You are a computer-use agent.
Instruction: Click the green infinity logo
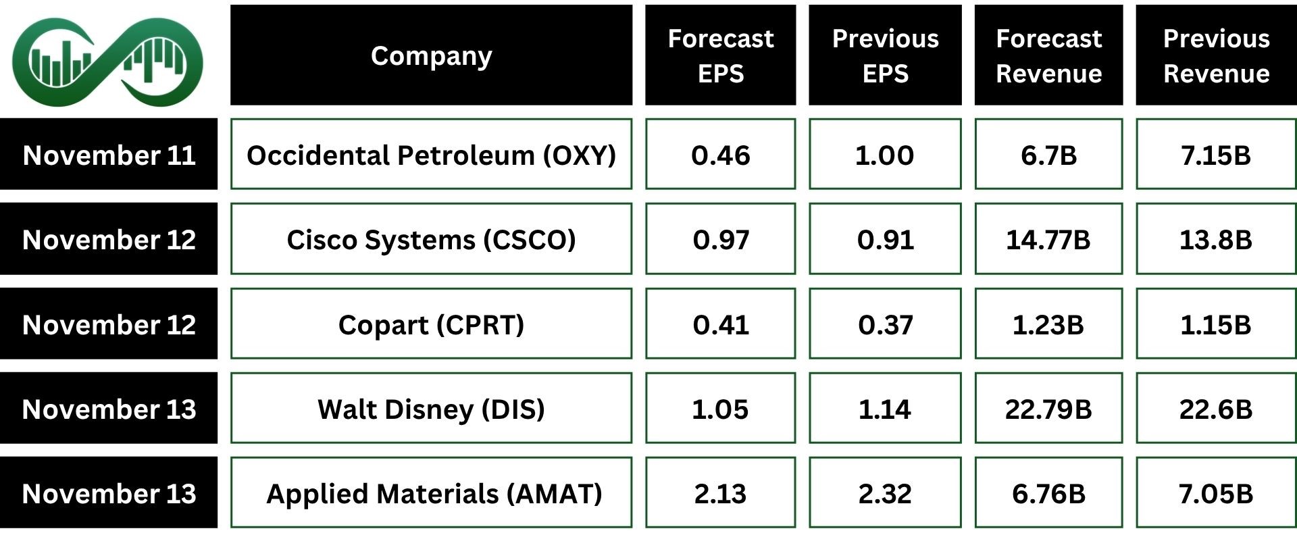click(108, 62)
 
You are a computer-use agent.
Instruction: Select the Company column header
click(431, 55)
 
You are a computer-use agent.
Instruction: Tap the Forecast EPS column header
click(720, 55)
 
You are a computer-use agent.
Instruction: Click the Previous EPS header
click(885, 55)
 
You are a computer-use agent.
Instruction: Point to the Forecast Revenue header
click(1048, 55)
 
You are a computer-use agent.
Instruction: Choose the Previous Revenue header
click(1216, 55)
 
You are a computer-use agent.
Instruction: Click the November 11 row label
click(109, 154)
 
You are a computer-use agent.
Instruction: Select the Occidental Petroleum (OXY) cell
click(431, 154)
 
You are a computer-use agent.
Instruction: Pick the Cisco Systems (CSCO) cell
click(431, 239)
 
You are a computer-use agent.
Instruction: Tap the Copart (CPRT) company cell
click(431, 324)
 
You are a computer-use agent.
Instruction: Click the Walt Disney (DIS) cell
click(431, 408)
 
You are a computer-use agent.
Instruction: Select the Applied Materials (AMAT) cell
click(431, 492)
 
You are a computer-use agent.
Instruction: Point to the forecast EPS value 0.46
click(720, 154)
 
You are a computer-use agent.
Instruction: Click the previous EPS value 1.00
click(885, 154)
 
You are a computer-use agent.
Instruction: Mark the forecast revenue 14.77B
click(1048, 239)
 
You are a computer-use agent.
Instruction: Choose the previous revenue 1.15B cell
click(1216, 324)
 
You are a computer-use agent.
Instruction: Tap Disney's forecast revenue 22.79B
click(1048, 408)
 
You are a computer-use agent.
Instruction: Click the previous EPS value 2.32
click(885, 492)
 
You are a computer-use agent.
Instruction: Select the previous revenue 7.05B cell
click(1216, 492)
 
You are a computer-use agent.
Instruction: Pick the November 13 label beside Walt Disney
click(109, 408)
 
